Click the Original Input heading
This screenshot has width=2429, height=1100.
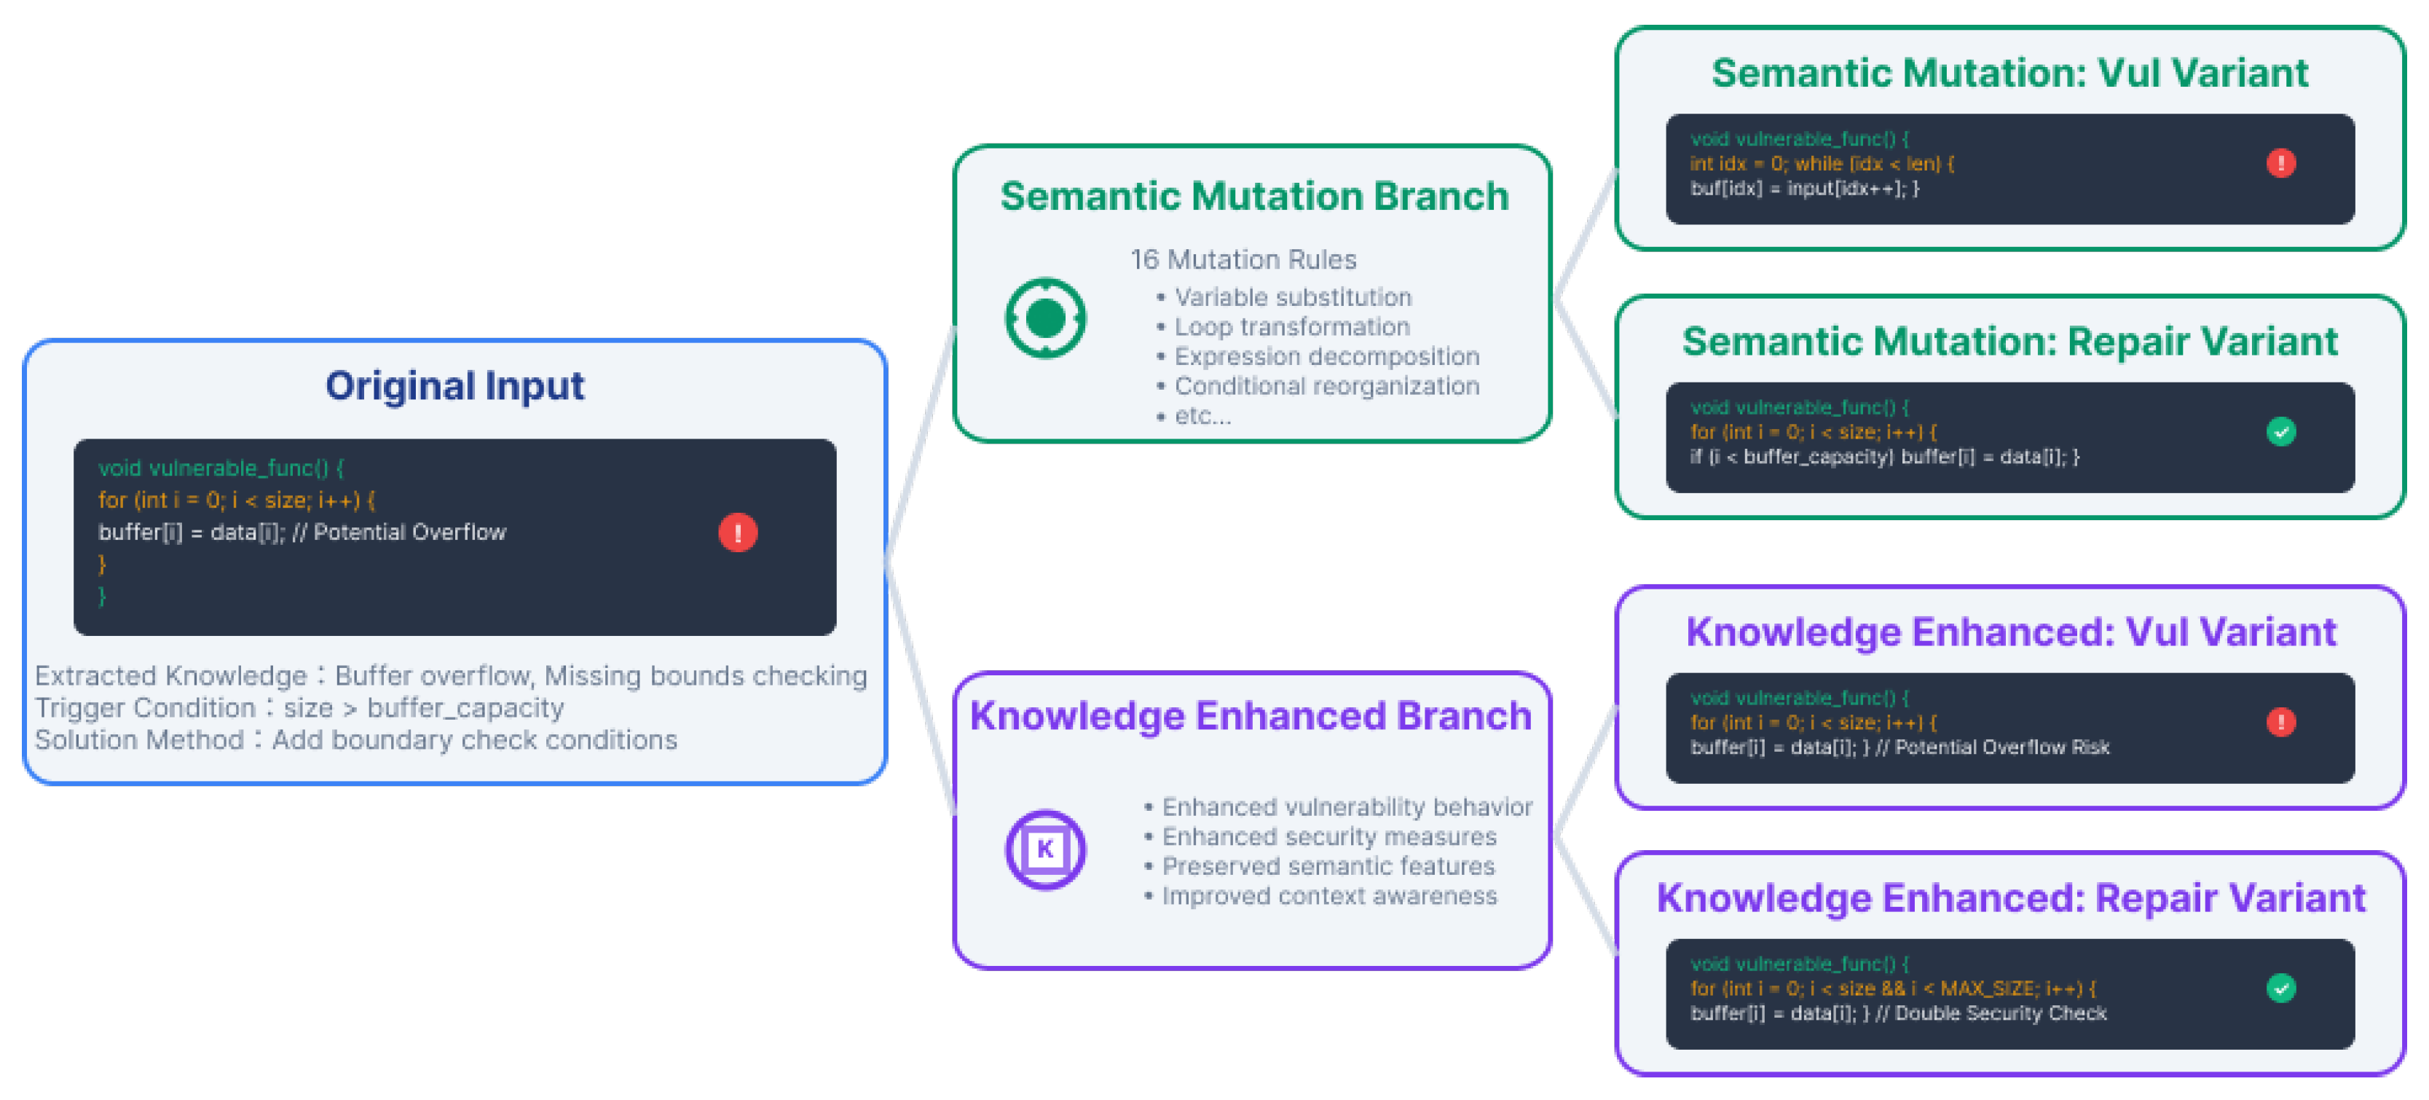454,386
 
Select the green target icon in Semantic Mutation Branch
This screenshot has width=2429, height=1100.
1044,318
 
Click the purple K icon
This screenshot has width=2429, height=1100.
1044,849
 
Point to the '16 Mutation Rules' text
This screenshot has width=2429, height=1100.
1243,259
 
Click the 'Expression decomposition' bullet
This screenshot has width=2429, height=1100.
1326,357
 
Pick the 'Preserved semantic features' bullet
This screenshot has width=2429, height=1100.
1328,866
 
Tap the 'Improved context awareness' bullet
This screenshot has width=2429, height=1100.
1328,895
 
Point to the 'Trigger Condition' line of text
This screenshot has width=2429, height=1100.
299,707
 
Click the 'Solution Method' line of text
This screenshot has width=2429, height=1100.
355,739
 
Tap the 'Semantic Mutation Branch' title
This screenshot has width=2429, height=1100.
1254,196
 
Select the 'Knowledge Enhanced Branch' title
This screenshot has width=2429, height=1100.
1251,716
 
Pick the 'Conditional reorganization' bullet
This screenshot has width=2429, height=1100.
1326,386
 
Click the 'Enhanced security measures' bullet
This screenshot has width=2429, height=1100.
1328,837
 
